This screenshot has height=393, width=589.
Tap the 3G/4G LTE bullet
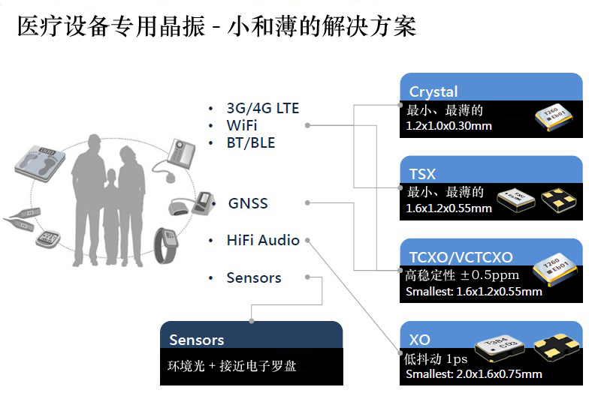262,108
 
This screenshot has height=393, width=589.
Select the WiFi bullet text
241,125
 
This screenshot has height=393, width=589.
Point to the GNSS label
248,203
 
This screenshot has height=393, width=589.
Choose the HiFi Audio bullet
263,241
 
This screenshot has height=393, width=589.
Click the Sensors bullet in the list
254,278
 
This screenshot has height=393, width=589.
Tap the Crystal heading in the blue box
433,91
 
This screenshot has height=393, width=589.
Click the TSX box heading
422,174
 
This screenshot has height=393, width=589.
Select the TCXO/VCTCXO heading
461,256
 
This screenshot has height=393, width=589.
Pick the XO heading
420,340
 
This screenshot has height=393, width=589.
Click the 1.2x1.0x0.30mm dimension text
449,126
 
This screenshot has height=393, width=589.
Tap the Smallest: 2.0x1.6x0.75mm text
473,374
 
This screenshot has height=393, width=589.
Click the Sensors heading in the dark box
197,340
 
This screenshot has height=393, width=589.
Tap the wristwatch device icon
166,244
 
